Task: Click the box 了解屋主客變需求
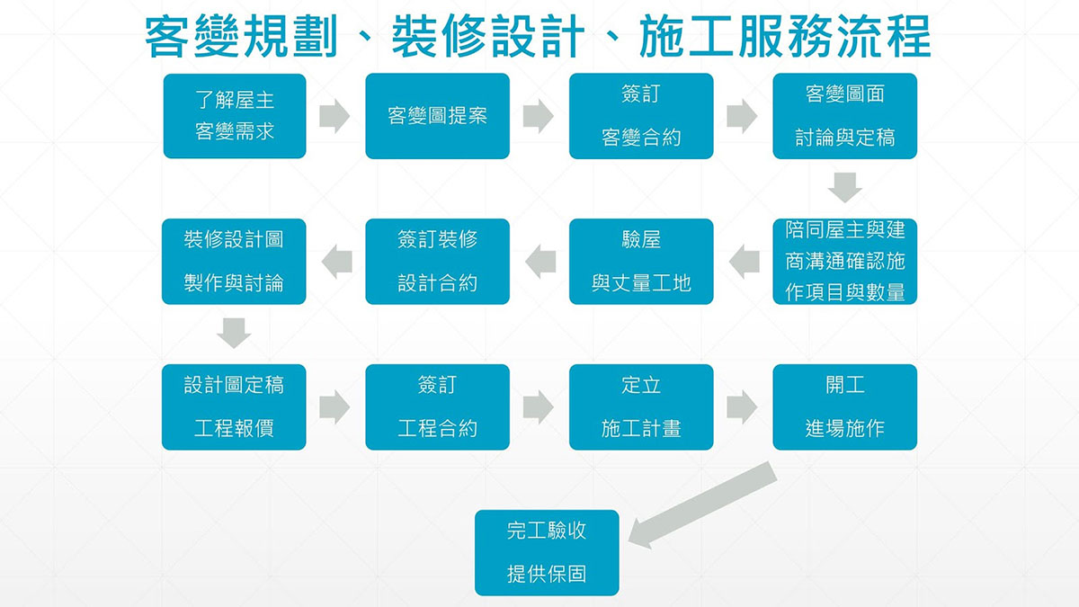click(x=234, y=116)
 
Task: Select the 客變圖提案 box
click(x=437, y=116)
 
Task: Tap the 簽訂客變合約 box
click(x=641, y=116)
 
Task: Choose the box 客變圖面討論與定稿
click(x=844, y=116)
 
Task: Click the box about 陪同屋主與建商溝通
click(x=844, y=262)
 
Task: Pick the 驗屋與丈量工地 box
click(x=641, y=262)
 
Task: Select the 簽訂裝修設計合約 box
click(x=437, y=262)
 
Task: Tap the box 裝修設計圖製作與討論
click(x=234, y=262)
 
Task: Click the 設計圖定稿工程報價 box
click(x=234, y=407)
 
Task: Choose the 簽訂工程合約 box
click(x=437, y=407)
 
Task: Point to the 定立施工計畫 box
click(x=641, y=407)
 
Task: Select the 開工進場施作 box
click(x=844, y=407)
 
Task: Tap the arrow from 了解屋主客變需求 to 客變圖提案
click(x=334, y=116)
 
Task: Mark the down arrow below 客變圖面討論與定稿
click(x=845, y=188)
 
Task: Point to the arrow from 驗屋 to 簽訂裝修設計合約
click(x=539, y=262)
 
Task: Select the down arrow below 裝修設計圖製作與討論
click(x=234, y=334)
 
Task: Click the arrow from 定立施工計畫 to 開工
click(x=742, y=407)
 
